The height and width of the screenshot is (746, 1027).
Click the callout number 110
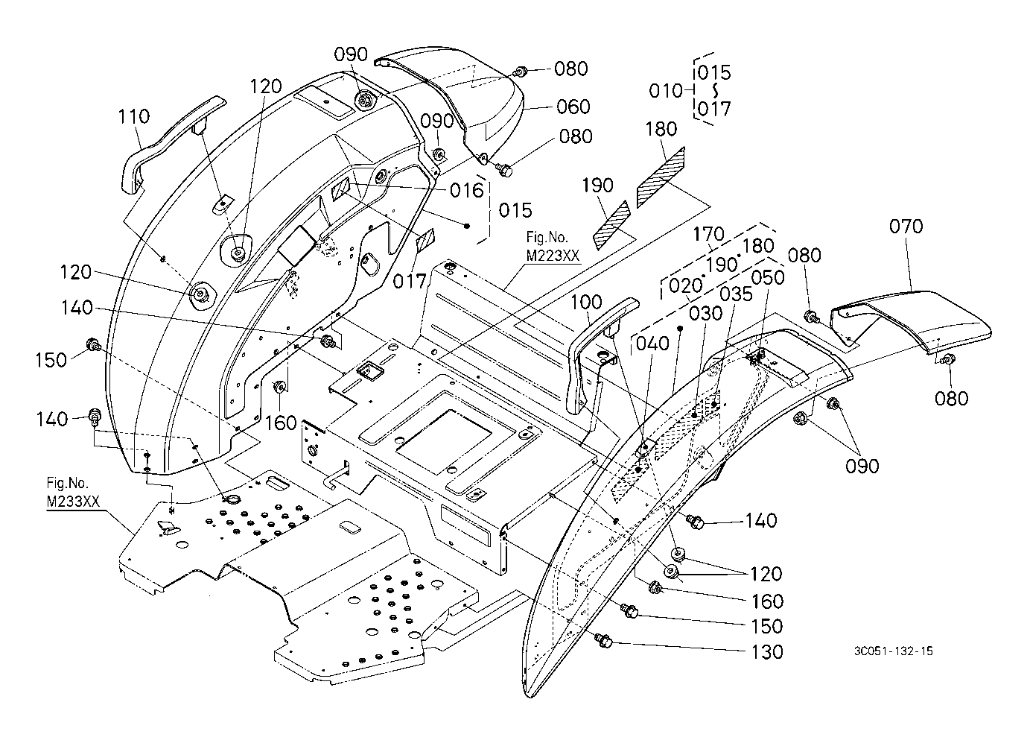click(x=134, y=116)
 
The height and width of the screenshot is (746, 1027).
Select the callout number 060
click(x=573, y=107)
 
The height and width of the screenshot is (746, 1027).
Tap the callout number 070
click(x=906, y=227)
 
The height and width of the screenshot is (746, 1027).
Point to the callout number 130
click(x=766, y=652)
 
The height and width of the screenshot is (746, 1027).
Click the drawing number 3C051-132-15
click(x=893, y=651)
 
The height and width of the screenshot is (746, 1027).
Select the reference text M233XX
click(x=73, y=502)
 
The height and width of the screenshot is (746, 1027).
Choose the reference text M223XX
click(x=553, y=256)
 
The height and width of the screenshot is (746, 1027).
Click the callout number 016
click(x=467, y=190)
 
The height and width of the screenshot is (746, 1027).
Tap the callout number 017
click(x=410, y=281)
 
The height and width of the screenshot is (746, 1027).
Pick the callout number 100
click(x=586, y=302)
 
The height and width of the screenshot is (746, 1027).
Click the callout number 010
click(x=666, y=91)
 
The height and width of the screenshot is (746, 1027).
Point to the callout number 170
click(x=708, y=235)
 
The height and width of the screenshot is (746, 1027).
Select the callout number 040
click(x=653, y=343)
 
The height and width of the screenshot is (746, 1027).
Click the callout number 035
click(x=736, y=294)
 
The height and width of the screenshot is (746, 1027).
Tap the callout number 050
click(x=768, y=277)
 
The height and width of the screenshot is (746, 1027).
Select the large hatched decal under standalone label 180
click(x=661, y=178)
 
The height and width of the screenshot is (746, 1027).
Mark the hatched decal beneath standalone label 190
click(x=612, y=225)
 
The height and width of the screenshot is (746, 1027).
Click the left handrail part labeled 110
click(x=172, y=143)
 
